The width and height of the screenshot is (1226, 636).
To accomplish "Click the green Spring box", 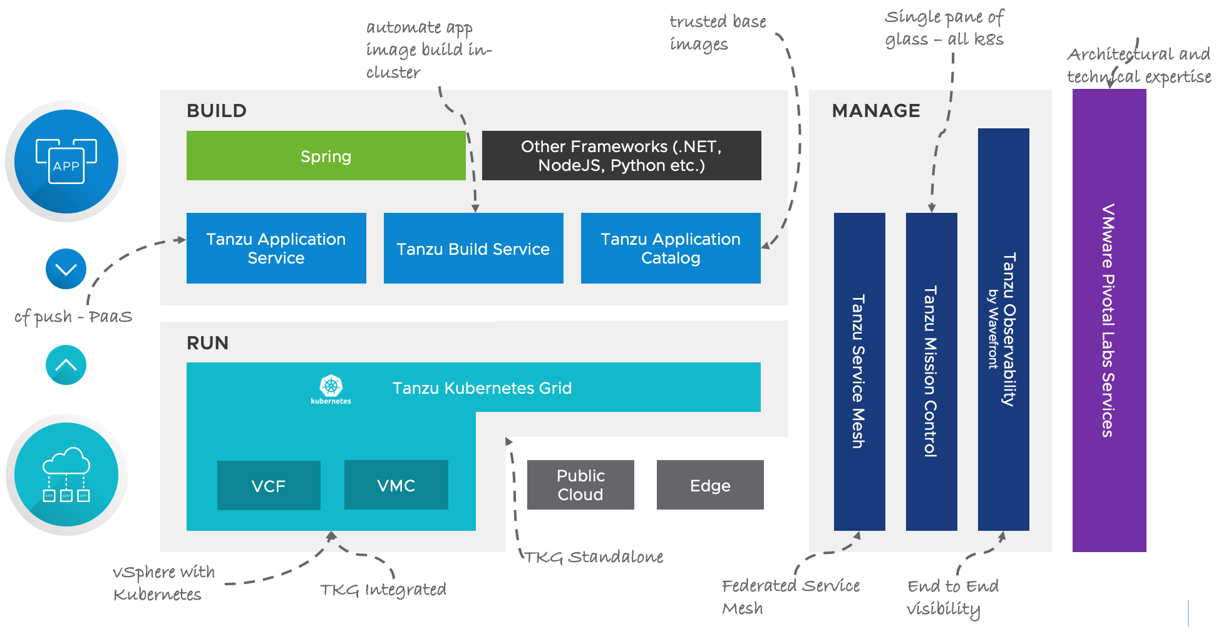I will [x=326, y=156].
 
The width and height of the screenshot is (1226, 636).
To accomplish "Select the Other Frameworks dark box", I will [x=621, y=156].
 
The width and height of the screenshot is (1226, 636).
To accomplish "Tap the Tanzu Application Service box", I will [x=276, y=249].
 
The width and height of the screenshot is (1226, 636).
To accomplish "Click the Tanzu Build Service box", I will [x=473, y=249].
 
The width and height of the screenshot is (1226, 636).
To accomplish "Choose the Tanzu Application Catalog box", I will [x=671, y=249].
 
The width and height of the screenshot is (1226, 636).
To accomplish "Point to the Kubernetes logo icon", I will [x=331, y=388].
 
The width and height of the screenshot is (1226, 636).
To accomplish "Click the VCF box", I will [x=269, y=486].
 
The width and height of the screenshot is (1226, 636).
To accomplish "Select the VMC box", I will [x=396, y=485].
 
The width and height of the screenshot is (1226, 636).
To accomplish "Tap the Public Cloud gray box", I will [x=580, y=485].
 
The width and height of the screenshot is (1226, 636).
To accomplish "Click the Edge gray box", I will [x=710, y=485].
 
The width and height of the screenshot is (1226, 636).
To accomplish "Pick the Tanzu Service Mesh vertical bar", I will [x=859, y=372].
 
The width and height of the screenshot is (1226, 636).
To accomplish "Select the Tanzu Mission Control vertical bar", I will [x=931, y=372].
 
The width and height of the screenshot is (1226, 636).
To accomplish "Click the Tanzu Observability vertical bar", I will [x=1003, y=330].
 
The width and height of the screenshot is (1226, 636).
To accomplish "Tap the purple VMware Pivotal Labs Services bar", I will [x=1109, y=321].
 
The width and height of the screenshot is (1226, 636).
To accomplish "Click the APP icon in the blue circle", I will [x=66, y=162].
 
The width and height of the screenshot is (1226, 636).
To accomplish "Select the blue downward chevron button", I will [x=66, y=269].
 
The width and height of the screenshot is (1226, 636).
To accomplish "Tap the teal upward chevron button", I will [x=66, y=365].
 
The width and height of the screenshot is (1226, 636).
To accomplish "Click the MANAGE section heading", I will [x=875, y=111].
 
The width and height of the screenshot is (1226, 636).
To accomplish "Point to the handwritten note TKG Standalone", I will [x=593, y=557].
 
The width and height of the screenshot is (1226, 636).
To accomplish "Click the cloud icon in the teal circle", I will [x=66, y=474].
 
